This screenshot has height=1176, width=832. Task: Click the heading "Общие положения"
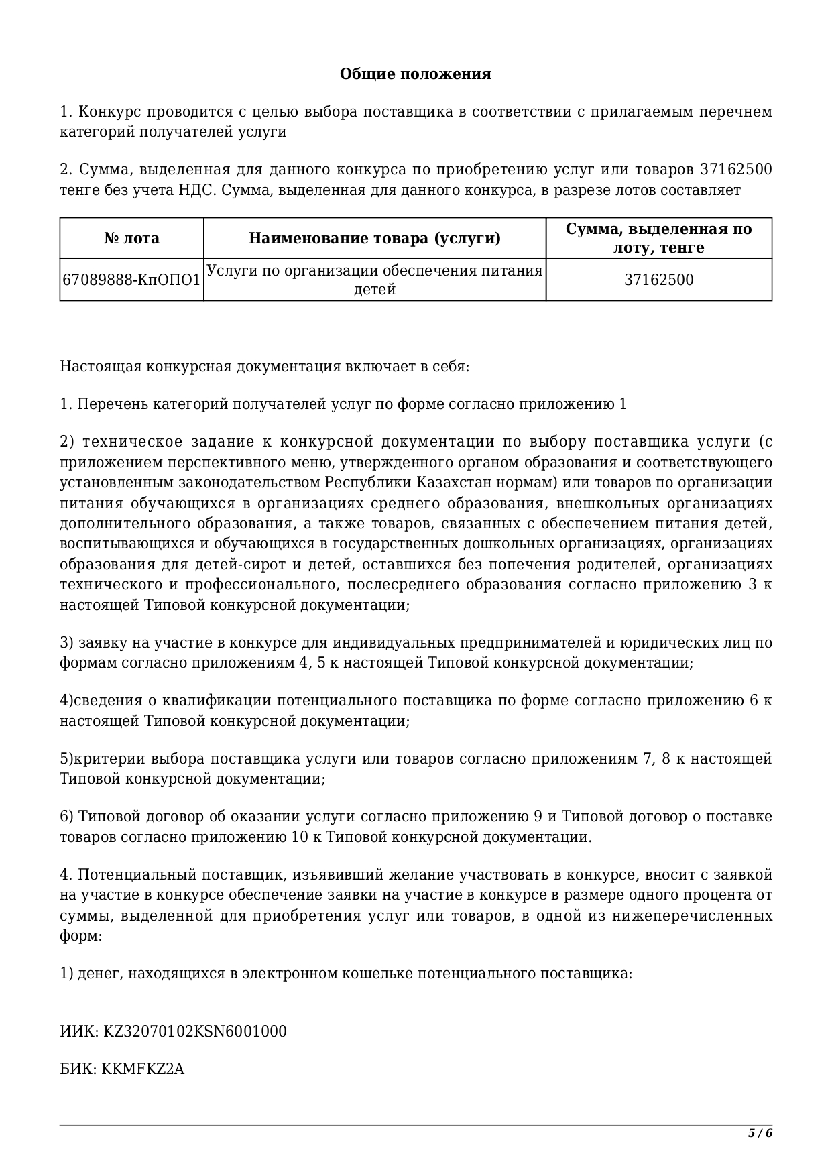pos(415,74)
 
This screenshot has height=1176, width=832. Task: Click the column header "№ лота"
pos(131,239)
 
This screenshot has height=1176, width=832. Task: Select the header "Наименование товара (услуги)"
pos(375,239)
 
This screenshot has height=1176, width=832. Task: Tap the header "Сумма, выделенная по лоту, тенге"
pos(658,239)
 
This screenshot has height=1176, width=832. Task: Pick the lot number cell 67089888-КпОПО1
pos(131,280)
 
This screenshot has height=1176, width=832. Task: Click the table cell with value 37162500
pos(658,280)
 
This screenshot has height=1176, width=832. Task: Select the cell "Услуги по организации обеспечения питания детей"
pos(375,280)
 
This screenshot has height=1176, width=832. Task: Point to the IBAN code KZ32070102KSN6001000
pos(194,1031)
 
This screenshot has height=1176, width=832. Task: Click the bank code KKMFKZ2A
pos(143,1069)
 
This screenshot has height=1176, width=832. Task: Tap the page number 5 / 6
pos(760,1133)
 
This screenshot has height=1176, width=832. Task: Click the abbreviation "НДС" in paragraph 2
pos(196,190)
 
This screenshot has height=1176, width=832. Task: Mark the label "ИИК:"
pos(79,1031)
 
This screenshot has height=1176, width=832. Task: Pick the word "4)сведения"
pos(101,701)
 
